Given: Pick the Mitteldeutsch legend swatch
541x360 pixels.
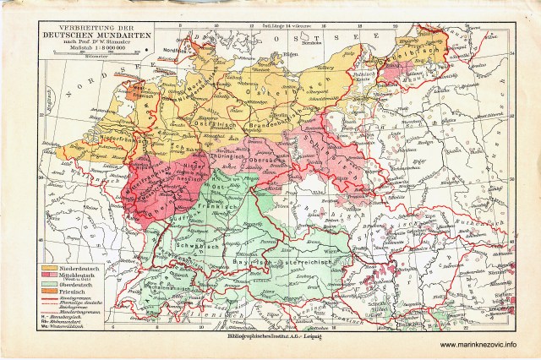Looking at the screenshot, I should coord(49,276).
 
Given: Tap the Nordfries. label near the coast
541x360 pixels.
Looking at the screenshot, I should coord(197,48).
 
